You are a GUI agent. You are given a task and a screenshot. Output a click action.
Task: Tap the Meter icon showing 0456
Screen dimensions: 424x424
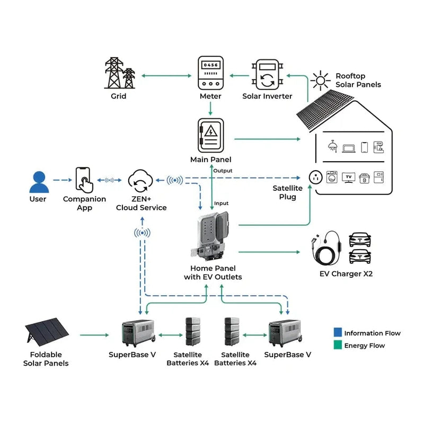click(210, 73)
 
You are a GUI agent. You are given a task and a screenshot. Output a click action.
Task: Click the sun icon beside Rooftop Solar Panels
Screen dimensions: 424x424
click(320, 80)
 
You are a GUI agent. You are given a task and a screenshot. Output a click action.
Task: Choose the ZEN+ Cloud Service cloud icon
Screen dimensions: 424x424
click(141, 181)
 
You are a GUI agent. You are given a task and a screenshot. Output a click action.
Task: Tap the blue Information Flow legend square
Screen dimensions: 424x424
click(338, 333)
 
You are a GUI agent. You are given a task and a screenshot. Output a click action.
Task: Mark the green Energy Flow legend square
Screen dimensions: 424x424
click(338, 346)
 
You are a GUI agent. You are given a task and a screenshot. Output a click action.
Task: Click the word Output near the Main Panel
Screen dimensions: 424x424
click(222, 171)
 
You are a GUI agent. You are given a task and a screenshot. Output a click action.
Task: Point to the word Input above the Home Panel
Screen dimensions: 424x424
click(221, 204)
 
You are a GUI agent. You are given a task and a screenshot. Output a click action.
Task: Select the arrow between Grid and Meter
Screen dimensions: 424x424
click(166, 76)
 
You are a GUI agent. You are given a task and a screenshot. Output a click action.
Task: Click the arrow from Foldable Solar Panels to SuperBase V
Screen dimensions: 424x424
click(100, 335)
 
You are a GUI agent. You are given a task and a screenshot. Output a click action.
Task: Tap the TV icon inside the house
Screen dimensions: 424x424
click(348, 176)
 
